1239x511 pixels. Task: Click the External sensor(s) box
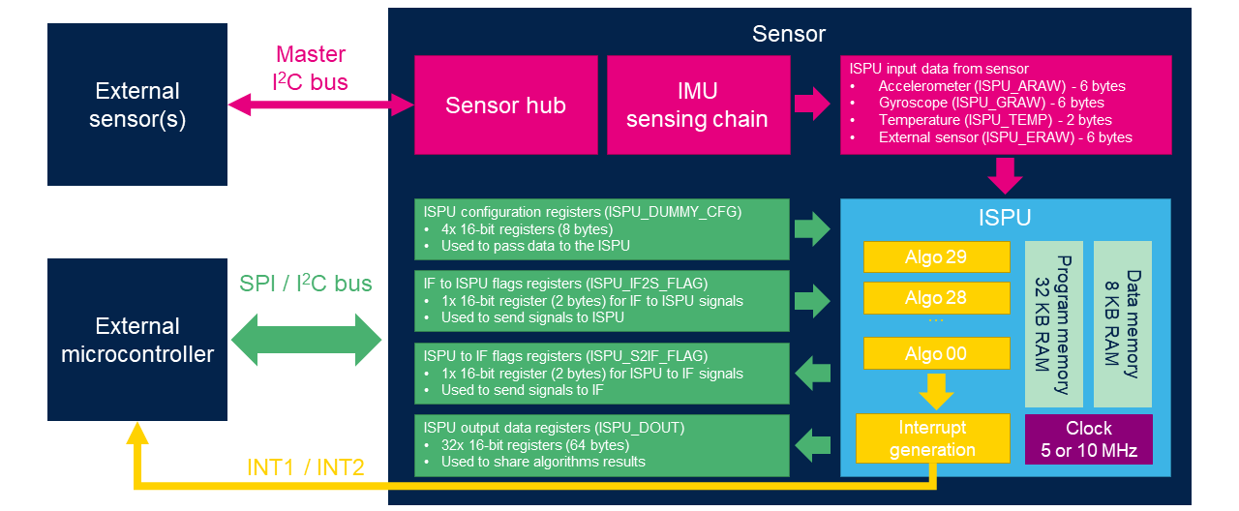click(x=137, y=105)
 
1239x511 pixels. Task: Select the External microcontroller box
click(x=137, y=340)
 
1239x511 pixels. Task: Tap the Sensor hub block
click(x=505, y=105)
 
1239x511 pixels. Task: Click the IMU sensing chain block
click(x=697, y=105)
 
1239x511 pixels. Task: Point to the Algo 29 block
click(x=936, y=257)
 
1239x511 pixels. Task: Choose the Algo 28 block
click(x=936, y=297)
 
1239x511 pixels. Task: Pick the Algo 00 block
click(x=936, y=354)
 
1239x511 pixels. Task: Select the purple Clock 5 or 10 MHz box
click(x=1089, y=439)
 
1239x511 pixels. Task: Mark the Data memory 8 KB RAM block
click(x=1123, y=324)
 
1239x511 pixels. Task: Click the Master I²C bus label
click(x=310, y=68)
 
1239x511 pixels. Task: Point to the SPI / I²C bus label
click(x=306, y=285)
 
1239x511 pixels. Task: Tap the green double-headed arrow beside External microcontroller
click(x=310, y=340)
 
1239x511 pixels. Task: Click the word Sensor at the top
click(x=789, y=34)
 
